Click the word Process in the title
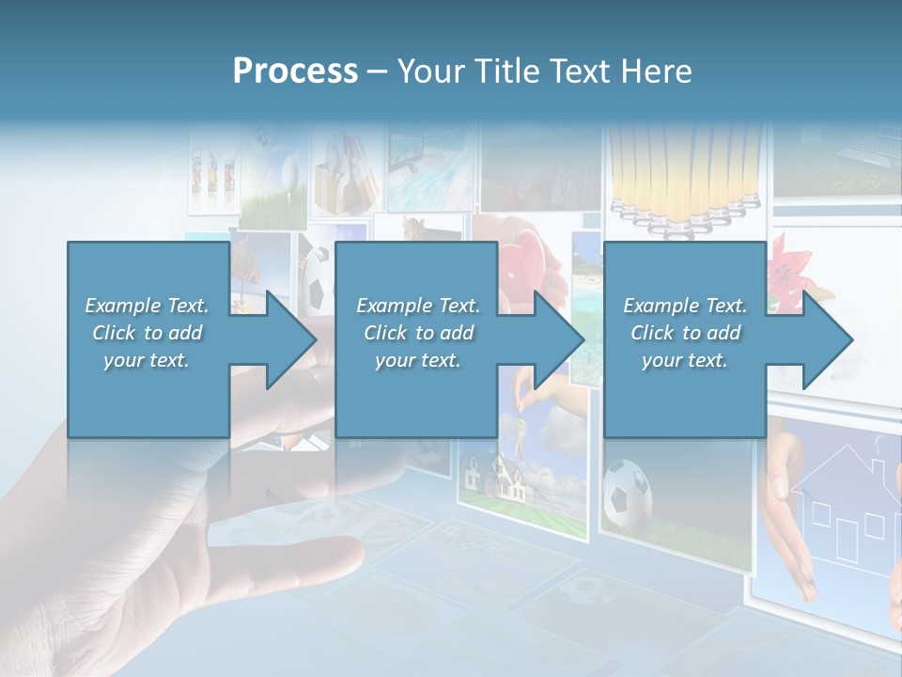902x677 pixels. click(295, 71)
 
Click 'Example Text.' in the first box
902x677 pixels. click(147, 306)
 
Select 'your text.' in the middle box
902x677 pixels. click(417, 360)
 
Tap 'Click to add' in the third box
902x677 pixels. click(685, 333)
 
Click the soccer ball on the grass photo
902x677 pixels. click(626, 491)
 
